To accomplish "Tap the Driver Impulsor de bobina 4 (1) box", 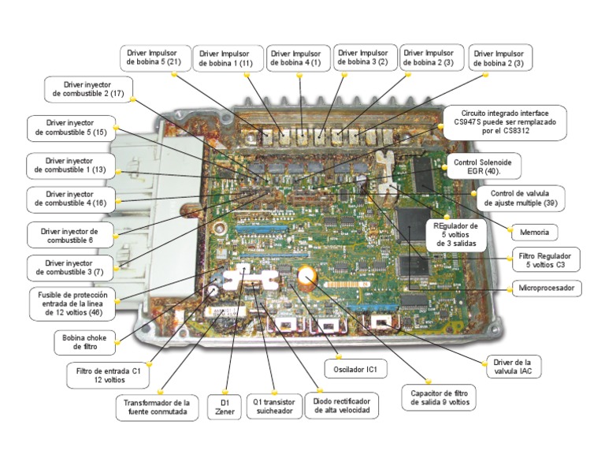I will tap(296, 58).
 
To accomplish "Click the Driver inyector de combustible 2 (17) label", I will tap(88, 88).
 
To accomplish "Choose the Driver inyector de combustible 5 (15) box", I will tap(70, 128).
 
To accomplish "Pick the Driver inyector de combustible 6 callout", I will tap(68, 235).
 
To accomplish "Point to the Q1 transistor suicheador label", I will tap(274, 407).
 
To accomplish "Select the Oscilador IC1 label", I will tap(356, 368).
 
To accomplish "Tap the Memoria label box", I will tap(535, 233).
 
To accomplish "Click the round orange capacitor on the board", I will tap(307, 276).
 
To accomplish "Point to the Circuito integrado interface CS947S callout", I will tap(504, 122).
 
